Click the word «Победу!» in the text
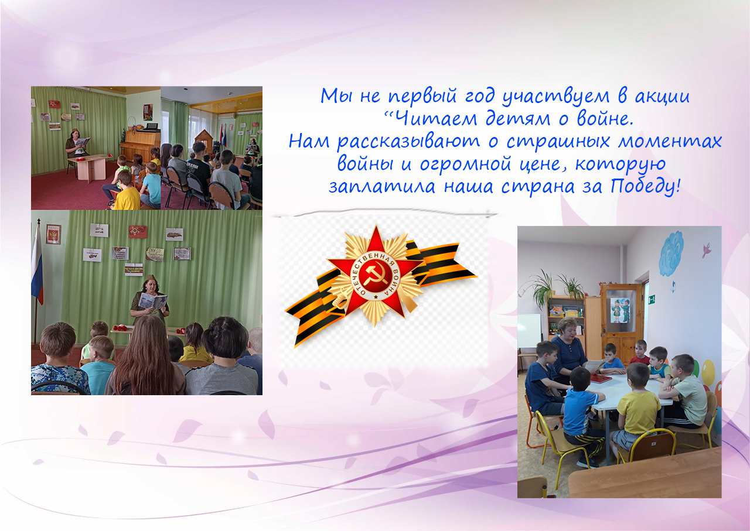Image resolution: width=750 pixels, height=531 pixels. coord(645,186)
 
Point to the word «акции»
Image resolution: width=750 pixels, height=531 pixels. coord(662,97)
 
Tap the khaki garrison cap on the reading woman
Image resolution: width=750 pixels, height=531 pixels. coord(150,278)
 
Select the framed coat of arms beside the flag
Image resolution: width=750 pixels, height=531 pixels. coord(53,234)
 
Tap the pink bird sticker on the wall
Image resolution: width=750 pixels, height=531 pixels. coord(707,250)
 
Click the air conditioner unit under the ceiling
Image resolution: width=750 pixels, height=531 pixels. coord(226,116)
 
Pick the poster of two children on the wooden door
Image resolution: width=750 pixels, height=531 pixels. coord(620,310)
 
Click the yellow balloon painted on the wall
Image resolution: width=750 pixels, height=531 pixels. coord(708,372)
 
